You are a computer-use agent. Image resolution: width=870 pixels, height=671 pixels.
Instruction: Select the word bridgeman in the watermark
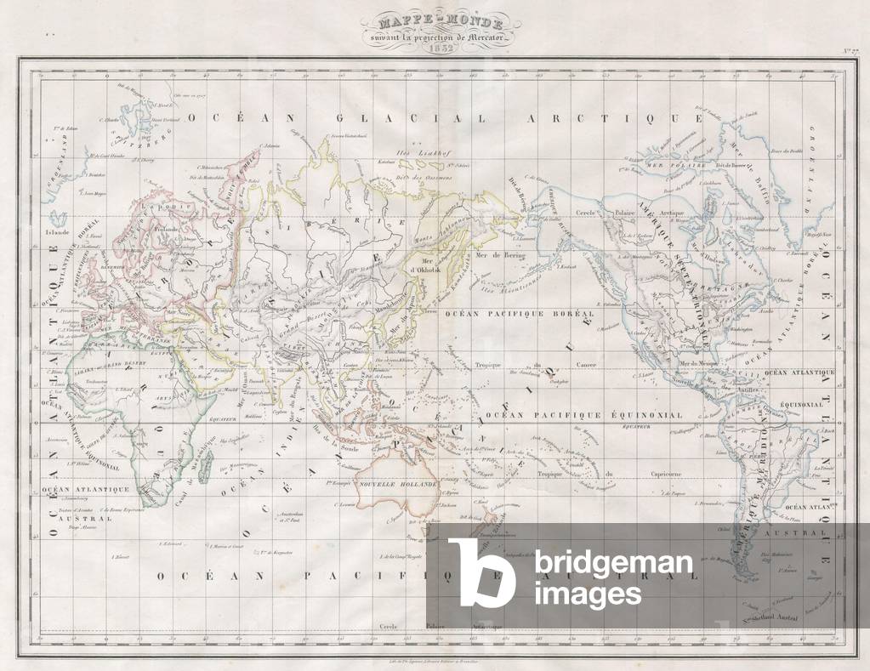pyautogui.click(x=613, y=563)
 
